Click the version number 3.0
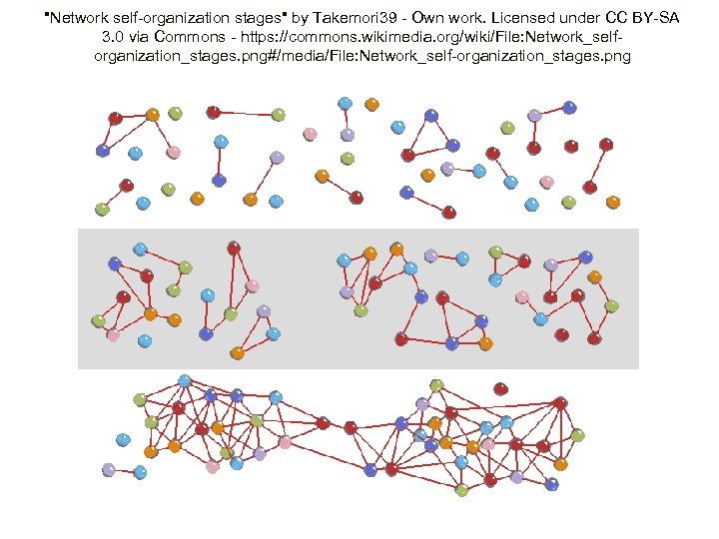pos(113,37)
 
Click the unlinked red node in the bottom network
pos(500,388)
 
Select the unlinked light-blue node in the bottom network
pos(123,439)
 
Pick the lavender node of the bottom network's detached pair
pos(108,469)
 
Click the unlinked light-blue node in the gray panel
pos(145,341)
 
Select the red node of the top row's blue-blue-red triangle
pos(407,155)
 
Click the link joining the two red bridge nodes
pos(337,425)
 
